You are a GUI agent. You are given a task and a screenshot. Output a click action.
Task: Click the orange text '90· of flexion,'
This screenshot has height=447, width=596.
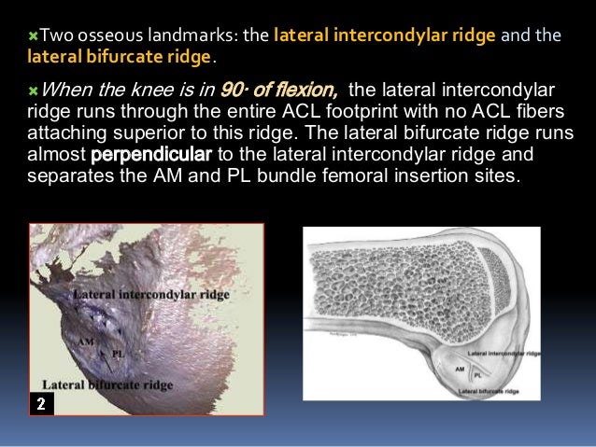click(x=283, y=91)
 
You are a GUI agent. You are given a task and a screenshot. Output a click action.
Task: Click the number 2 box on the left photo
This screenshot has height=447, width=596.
click(x=40, y=403)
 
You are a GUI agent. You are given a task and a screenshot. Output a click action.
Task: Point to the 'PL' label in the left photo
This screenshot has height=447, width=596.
click(x=118, y=354)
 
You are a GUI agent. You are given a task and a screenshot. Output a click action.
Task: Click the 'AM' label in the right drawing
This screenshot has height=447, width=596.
click(x=460, y=370)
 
